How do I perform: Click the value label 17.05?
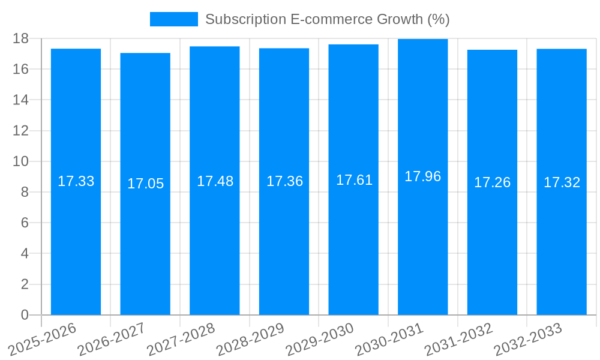[x=145, y=184]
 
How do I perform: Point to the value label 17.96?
[x=422, y=176]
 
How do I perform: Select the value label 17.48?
[x=215, y=181]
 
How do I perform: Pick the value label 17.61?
[x=354, y=180]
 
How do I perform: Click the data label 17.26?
[x=492, y=182]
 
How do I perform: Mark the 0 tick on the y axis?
[x=25, y=315]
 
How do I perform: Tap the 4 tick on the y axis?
[x=25, y=254]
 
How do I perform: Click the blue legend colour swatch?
[x=173, y=19]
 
